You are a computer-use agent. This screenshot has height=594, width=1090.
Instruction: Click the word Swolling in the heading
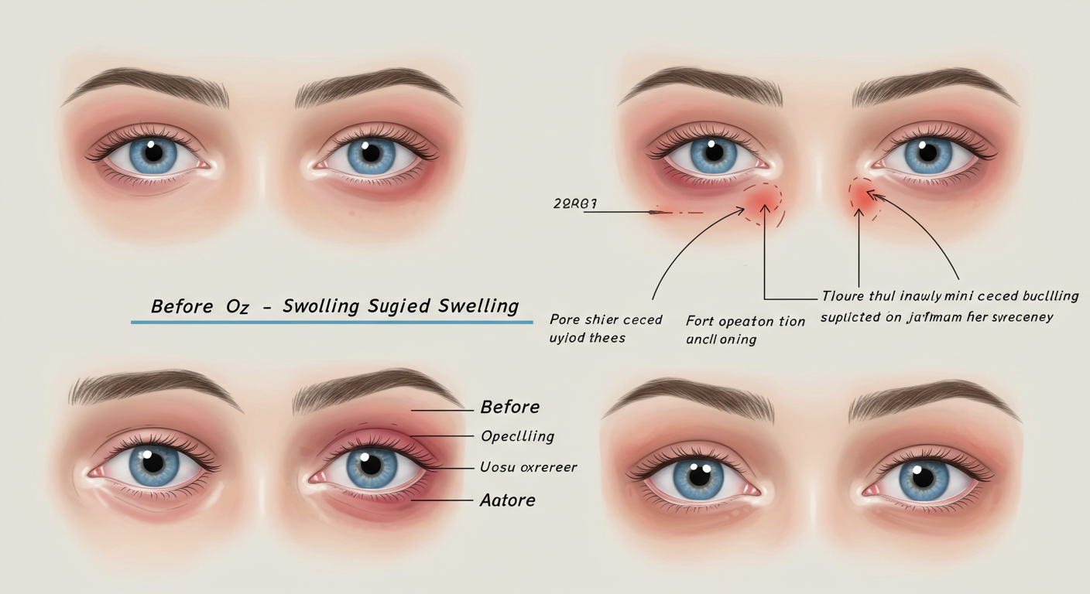click(x=320, y=306)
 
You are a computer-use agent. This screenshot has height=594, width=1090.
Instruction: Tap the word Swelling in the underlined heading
click(x=478, y=306)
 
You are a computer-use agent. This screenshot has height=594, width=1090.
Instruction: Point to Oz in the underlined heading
click(x=237, y=306)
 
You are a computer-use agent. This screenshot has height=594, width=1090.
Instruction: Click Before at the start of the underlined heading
click(x=182, y=306)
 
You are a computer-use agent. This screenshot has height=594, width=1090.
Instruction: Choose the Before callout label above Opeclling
click(x=509, y=407)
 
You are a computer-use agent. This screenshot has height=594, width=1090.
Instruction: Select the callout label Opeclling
click(x=517, y=436)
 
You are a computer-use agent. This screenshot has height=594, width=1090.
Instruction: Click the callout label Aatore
click(x=507, y=500)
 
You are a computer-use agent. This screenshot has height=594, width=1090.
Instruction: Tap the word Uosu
click(x=495, y=467)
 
